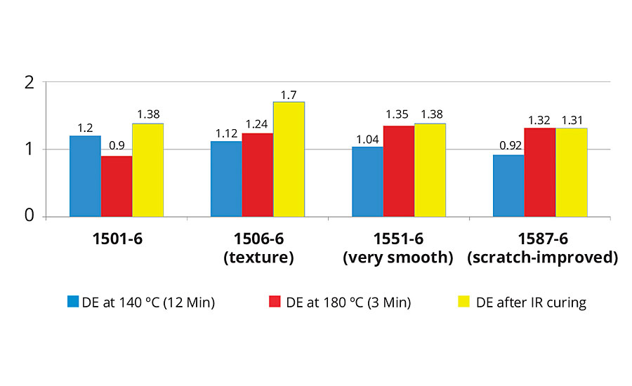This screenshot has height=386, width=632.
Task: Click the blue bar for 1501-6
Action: pos(85,176)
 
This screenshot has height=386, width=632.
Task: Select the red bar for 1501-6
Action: pos(117,187)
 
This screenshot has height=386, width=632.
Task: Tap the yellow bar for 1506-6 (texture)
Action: pos(289,159)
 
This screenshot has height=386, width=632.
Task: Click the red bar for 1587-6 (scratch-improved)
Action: pos(539,173)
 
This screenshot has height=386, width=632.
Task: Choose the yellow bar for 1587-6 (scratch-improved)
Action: pos(571,173)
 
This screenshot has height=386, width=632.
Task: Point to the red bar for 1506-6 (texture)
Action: pos(257,175)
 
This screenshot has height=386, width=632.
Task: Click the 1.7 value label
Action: pos(289,94)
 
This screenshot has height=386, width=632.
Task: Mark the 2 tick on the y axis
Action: pos(29,82)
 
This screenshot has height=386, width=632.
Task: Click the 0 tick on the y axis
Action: pos(29,216)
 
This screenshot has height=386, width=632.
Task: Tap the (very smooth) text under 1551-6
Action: pos(397,258)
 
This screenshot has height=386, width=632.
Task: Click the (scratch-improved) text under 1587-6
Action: pos(543,258)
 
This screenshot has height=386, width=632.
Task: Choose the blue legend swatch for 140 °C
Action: pos(73,302)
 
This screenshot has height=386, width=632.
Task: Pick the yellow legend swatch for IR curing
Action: pos(463,302)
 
